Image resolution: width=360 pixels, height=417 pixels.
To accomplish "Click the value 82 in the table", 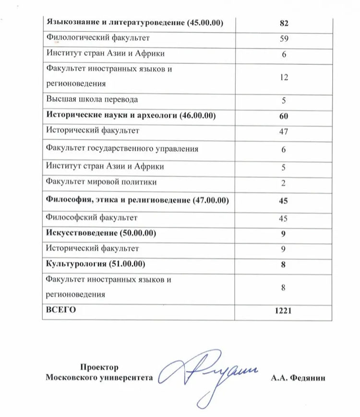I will [283, 23].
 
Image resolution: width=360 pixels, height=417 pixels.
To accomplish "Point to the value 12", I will [283, 76].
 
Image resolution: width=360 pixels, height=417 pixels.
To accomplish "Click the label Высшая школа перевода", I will [92, 99].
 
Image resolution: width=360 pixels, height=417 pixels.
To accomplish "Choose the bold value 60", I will [283, 116].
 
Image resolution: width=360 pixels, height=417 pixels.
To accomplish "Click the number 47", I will [283, 131].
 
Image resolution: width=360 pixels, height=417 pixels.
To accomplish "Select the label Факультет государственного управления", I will [122, 149].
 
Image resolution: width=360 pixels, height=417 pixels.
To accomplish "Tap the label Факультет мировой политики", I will [101, 182].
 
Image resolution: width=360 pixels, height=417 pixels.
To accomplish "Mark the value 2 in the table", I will [283, 182].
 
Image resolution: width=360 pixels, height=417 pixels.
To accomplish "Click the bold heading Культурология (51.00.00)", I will [96, 264].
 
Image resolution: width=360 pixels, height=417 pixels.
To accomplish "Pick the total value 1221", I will [283, 311].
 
